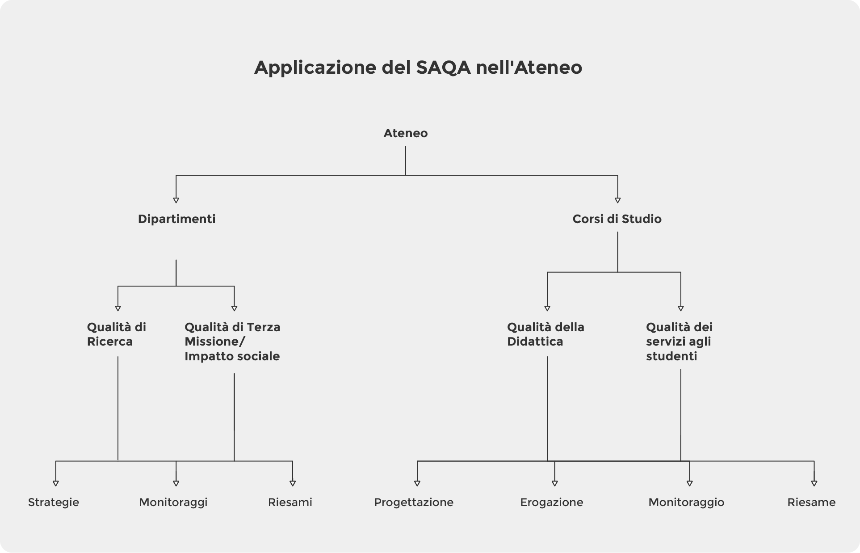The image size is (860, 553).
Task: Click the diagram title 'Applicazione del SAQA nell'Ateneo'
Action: (418, 68)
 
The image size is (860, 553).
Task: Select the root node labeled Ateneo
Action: (405, 133)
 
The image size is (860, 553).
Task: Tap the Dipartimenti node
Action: (176, 219)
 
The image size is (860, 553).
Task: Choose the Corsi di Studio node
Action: (617, 219)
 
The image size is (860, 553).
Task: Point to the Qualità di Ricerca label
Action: (116, 334)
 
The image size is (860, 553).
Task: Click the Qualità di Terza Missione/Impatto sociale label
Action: (232, 342)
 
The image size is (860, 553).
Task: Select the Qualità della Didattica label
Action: (545, 334)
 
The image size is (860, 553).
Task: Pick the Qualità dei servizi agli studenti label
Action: (679, 342)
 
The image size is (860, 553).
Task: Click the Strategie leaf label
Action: (54, 502)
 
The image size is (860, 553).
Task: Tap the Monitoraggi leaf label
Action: (173, 502)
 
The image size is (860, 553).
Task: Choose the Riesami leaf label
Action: (290, 502)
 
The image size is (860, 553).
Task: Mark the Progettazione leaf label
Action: (414, 502)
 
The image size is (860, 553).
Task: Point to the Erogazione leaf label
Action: (552, 502)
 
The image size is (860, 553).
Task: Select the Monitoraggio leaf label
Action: (686, 502)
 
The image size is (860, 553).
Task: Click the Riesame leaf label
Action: (811, 502)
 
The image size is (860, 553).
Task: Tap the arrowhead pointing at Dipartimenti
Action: (176, 200)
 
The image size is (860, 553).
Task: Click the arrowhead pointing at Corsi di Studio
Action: (617, 200)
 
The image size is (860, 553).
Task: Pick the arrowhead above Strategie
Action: (56, 483)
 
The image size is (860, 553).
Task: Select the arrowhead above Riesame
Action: (814, 483)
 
